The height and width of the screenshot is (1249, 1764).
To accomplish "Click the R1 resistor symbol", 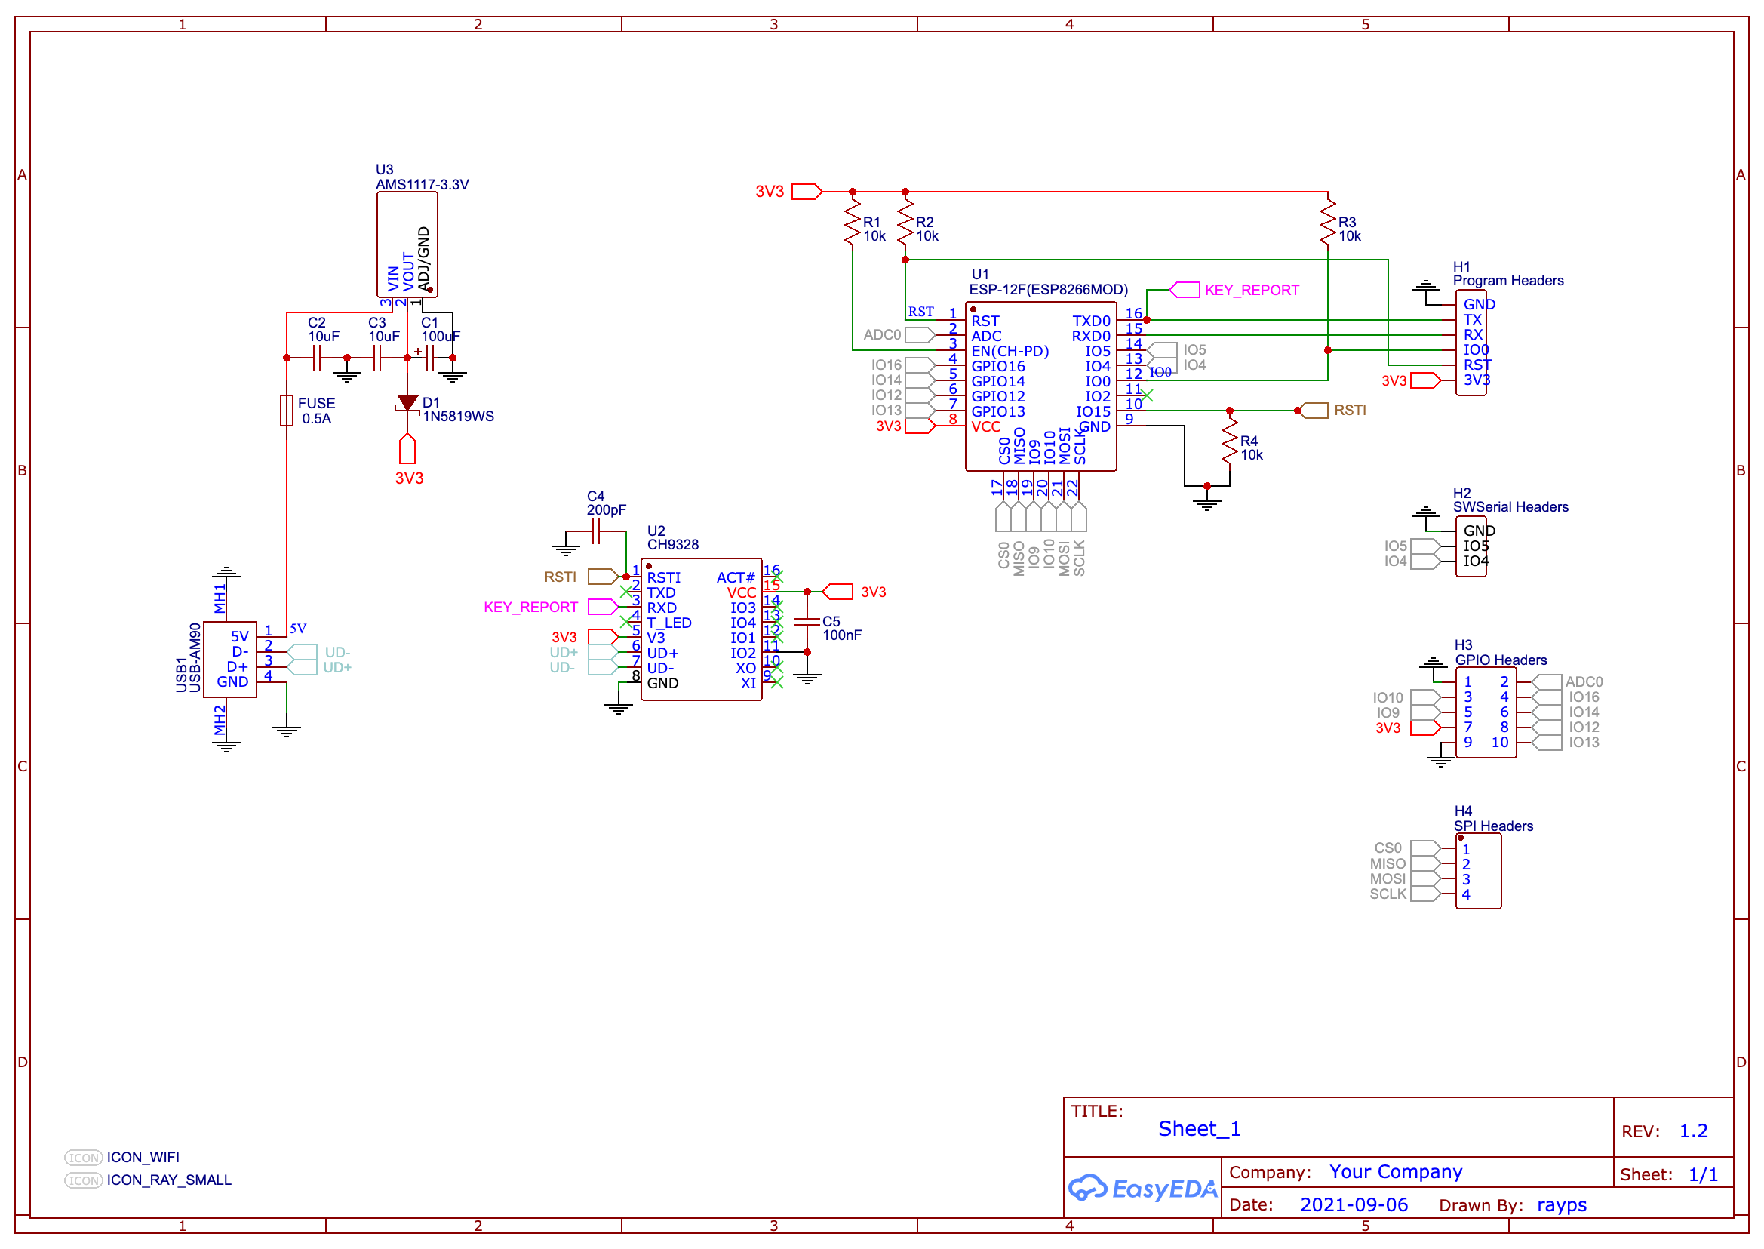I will [852, 223].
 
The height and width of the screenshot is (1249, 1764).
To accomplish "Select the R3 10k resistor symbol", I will [1327, 223].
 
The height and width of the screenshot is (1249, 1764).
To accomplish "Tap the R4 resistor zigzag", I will [1230, 441].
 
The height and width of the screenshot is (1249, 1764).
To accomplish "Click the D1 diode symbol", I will [407, 402].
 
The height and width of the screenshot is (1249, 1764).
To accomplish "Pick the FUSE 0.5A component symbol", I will [287, 411].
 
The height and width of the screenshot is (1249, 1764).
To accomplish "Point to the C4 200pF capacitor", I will [596, 531].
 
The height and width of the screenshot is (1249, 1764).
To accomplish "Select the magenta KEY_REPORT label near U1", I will [1251, 290].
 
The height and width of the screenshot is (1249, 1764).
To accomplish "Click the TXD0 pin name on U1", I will [1091, 321].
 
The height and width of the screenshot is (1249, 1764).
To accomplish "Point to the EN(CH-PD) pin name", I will [1010, 351].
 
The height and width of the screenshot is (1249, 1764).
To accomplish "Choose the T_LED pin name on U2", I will [669, 623].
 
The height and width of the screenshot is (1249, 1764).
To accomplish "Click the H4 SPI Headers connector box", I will [1478, 871].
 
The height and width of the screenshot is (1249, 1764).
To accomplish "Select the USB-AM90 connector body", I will [230, 659].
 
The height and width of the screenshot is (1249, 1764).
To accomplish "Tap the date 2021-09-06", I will [1354, 1204].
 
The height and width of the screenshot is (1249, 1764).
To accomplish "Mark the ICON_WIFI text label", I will [143, 1157].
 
